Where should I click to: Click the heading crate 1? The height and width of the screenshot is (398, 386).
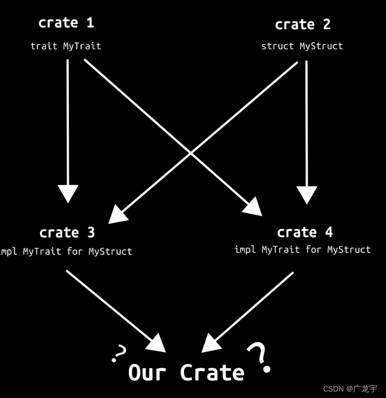click(x=66, y=23)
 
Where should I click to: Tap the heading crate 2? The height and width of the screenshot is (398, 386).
click(x=303, y=24)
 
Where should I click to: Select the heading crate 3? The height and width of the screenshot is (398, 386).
click(x=67, y=232)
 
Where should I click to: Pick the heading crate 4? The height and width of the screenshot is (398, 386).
click(x=305, y=232)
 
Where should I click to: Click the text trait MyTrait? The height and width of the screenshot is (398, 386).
click(x=66, y=46)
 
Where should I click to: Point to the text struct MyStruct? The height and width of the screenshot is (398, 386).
click(x=302, y=46)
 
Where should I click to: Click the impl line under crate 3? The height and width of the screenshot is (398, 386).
click(x=65, y=251)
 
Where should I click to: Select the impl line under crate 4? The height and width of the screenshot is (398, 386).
click(x=303, y=249)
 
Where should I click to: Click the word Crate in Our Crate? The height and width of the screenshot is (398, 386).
click(x=212, y=373)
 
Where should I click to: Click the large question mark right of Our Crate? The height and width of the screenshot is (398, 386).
click(x=259, y=357)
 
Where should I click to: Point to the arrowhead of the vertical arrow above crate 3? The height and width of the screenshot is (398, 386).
click(x=68, y=193)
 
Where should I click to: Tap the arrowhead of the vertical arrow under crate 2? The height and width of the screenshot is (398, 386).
click(x=306, y=194)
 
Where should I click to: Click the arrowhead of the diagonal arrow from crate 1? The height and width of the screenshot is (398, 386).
click(x=254, y=207)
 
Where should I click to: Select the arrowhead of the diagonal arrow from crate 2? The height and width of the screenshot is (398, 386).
click(x=116, y=215)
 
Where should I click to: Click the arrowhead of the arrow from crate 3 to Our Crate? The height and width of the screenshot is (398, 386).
click(x=157, y=343)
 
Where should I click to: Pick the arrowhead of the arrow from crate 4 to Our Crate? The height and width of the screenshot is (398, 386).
click(x=211, y=344)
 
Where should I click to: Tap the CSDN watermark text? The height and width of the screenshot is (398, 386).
click(x=350, y=389)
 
